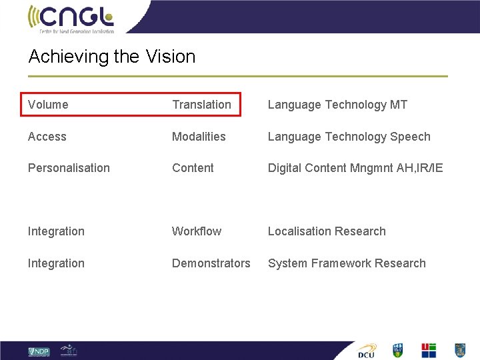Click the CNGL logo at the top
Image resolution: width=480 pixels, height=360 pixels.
coord(71,18)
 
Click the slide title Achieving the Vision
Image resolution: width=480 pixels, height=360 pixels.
coord(111,57)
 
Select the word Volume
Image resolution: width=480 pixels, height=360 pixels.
coord(48,105)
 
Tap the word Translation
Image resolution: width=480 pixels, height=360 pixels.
coord(201,105)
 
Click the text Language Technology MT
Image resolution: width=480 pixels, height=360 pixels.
coord(337,105)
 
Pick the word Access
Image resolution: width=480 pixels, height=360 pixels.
coord(47,137)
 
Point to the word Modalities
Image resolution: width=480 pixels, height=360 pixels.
coord(199,137)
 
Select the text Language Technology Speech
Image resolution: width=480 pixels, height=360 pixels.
coord(349,137)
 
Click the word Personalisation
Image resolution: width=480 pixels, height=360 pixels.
coord(69,168)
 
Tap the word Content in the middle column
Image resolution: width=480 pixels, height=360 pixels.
coord(193,168)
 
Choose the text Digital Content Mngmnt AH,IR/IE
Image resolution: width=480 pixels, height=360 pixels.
coord(355,168)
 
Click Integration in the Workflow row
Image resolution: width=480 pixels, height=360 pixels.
coord(56,231)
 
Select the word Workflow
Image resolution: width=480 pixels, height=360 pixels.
coord(196,231)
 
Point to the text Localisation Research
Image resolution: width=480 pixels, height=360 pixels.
coord(327,231)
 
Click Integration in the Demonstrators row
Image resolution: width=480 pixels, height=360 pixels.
coord(56,263)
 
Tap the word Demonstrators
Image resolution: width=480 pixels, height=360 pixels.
coord(211,263)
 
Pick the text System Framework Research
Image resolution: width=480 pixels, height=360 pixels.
coord(346,263)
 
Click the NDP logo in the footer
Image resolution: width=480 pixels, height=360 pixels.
coord(39,351)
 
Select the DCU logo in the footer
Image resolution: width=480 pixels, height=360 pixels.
coord(367,351)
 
